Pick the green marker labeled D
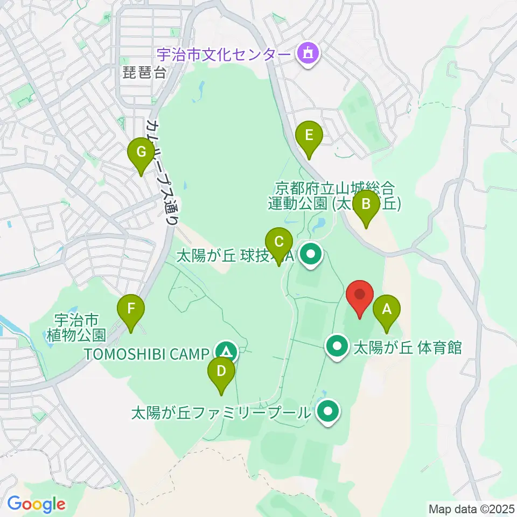click(221, 371)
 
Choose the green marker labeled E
click(309, 135)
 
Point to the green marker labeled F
click(131, 310)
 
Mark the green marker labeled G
click(141, 152)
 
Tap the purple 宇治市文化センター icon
click(308, 54)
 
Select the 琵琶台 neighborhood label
click(144, 74)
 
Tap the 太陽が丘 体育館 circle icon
click(338, 347)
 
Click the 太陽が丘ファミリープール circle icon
click(327, 413)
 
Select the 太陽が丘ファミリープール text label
click(221, 413)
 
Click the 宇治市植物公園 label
click(81, 326)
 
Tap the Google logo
click(36, 504)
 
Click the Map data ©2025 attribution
click(470, 508)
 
